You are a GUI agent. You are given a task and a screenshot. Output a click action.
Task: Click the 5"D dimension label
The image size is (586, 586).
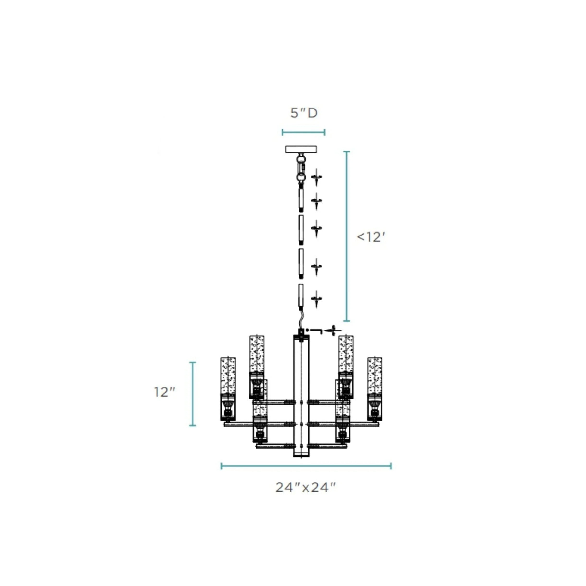point(304,113)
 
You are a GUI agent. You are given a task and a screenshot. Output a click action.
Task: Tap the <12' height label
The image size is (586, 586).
point(371,237)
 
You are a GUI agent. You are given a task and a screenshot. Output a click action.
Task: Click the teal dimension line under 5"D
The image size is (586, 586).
point(303,132)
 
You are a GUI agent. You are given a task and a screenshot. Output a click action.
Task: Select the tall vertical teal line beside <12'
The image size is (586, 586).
point(347,236)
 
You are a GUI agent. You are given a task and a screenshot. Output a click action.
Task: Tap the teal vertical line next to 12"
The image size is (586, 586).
point(193,394)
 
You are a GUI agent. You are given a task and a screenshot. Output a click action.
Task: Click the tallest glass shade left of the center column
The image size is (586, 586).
point(257,354)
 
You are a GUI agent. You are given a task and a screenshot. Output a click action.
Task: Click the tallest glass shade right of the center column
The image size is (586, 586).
point(346,354)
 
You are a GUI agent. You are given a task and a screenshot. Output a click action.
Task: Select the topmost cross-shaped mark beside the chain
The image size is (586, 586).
point(316,177)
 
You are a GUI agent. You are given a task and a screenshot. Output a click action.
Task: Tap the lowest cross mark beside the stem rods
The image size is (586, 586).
point(316,299)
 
